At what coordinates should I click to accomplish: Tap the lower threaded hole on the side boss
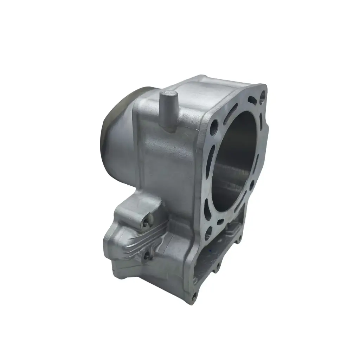coord(147,254)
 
